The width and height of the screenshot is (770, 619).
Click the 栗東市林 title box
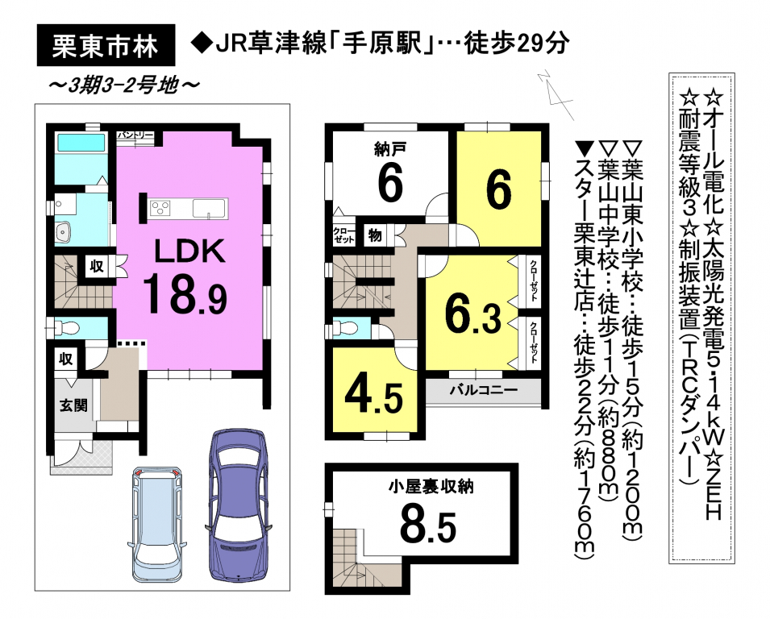click(x=106, y=45)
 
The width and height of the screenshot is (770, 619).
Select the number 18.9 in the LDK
click(x=185, y=294)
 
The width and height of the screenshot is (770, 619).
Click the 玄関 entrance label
click(x=73, y=405)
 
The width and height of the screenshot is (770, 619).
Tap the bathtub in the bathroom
click(x=81, y=143)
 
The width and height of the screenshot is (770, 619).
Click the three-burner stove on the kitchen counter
click(x=163, y=208)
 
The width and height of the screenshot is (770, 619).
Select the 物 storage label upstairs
click(x=375, y=235)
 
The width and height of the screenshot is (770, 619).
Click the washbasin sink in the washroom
click(x=64, y=231)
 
